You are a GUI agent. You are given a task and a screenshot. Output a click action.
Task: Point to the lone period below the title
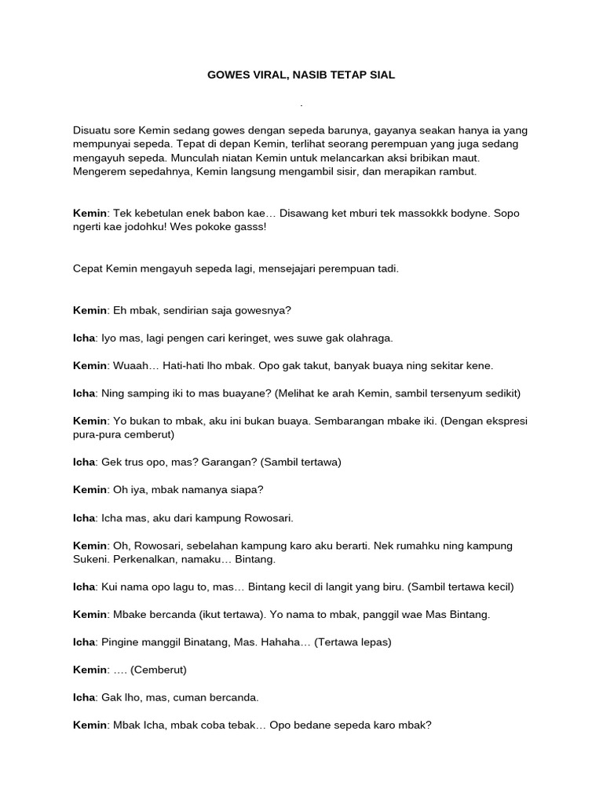tap(301, 104)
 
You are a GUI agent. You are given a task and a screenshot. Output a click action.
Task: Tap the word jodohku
tap(157, 227)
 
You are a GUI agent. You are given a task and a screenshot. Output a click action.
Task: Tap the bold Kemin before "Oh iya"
tap(89, 490)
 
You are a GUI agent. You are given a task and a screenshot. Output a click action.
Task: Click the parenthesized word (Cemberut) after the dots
tap(159, 670)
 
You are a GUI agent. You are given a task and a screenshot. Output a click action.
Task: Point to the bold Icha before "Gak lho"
tap(84, 697)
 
